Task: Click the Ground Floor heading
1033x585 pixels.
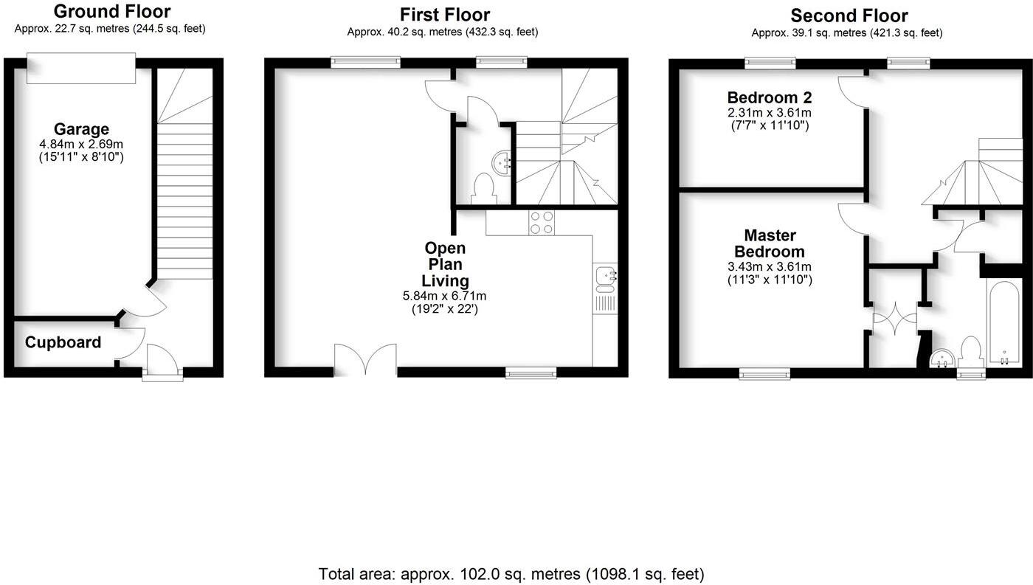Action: point(111,12)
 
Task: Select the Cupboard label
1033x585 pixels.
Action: point(63,343)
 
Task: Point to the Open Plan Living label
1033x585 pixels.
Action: point(445,264)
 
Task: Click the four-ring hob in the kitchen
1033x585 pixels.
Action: point(542,223)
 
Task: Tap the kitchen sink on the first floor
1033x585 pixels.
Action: point(605,276)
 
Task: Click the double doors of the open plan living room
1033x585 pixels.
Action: point(365,361)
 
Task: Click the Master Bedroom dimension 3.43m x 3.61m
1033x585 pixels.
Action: point(770,267)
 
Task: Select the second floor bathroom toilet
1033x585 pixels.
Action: point(970,352)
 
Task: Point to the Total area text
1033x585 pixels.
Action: point(511,574)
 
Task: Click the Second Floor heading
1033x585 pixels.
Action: point(849,15)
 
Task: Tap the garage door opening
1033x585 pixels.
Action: point(81,67)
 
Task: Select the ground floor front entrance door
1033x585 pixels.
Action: point(162,361)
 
